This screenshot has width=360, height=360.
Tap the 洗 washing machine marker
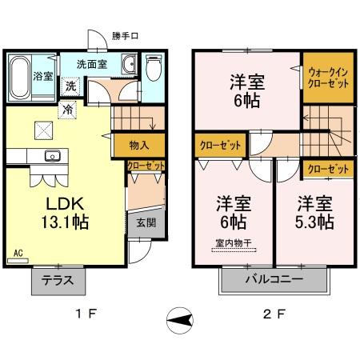click(x=70, y=86)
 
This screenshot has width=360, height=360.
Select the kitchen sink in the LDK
click(x=52, y=155)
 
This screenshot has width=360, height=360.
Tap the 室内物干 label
click(x=232, y=244)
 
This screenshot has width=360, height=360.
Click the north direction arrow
click(x=182, y=321)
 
